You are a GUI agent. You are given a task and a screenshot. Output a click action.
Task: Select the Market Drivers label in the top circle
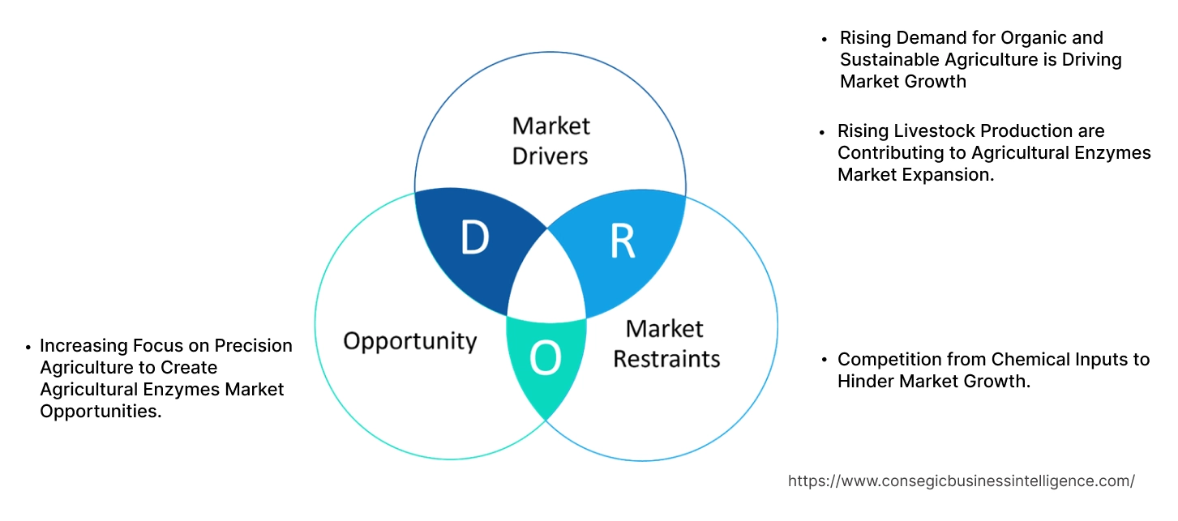(x=550, y=140)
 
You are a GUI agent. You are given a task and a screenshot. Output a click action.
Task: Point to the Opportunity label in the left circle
(x=409, y=340)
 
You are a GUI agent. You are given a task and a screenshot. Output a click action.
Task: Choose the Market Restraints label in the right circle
(x=666, y=343)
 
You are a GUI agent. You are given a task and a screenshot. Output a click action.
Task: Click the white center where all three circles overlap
(x=546, y=280)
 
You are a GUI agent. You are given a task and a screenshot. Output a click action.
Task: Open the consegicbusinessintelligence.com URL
(x=961, y=480)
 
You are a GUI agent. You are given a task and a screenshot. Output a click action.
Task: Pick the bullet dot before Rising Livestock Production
(x=824, y=132)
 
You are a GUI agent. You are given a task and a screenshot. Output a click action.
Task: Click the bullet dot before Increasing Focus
(x=28, y=347)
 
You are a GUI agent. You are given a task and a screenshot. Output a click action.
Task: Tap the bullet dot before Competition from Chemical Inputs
(x=824, y=360)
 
